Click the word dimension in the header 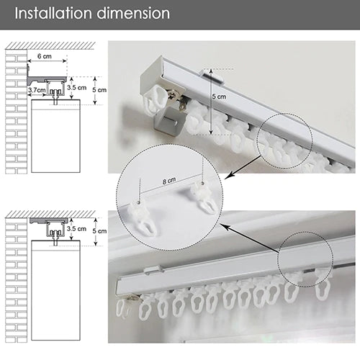coord(133,13)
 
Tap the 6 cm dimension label coord(45,56)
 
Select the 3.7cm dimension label coord(37,90)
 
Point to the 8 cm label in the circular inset coord(169,181)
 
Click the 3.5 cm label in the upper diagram coord(76,88)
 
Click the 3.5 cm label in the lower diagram coord(76,228)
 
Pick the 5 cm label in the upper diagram coord(99,90)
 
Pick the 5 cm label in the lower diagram coord(99,231)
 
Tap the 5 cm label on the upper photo coord(219,96)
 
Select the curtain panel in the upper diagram coord(55,136)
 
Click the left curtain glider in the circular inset coord(144,218)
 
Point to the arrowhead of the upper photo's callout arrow coord(228,176)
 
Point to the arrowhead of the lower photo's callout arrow coord(224,226)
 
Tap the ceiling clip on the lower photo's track coord(153,270)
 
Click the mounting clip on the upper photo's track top coord(213,77)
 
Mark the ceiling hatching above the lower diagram coord(50,214)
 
